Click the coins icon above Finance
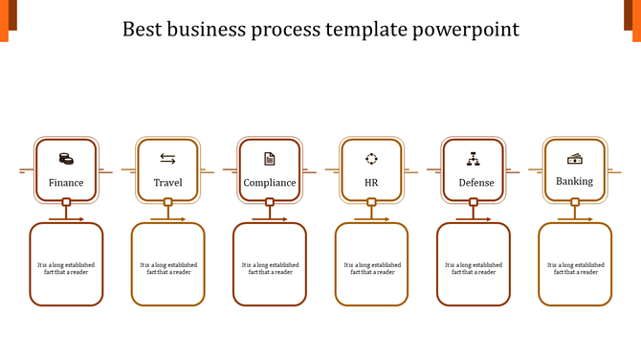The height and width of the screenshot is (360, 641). coord(66,158)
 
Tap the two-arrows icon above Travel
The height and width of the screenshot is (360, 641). coord(167,158)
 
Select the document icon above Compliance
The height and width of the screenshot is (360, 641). coord(270,158)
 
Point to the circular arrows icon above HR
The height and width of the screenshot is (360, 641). coord(371,158)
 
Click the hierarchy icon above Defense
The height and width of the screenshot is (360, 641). coord(473,158)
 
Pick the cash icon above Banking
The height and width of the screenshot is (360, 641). coord(574,158)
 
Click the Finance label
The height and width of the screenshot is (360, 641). coord(66,183)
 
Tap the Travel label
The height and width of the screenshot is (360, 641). coord(167,183)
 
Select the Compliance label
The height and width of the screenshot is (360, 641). coord(270,183)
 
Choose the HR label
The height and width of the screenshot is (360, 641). coord(371,183)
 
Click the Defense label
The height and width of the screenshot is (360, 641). coord(476,183)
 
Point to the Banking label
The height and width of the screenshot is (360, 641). coord(574,181)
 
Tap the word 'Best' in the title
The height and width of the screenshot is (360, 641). coord(144,30)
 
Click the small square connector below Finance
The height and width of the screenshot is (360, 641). coord(66,202)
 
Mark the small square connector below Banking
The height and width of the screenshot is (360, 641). coord(575,202)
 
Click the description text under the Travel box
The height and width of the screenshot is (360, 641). coord(168,268)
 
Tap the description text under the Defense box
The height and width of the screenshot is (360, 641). coord(474,268)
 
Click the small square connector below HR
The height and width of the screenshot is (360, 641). coord(371,202)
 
